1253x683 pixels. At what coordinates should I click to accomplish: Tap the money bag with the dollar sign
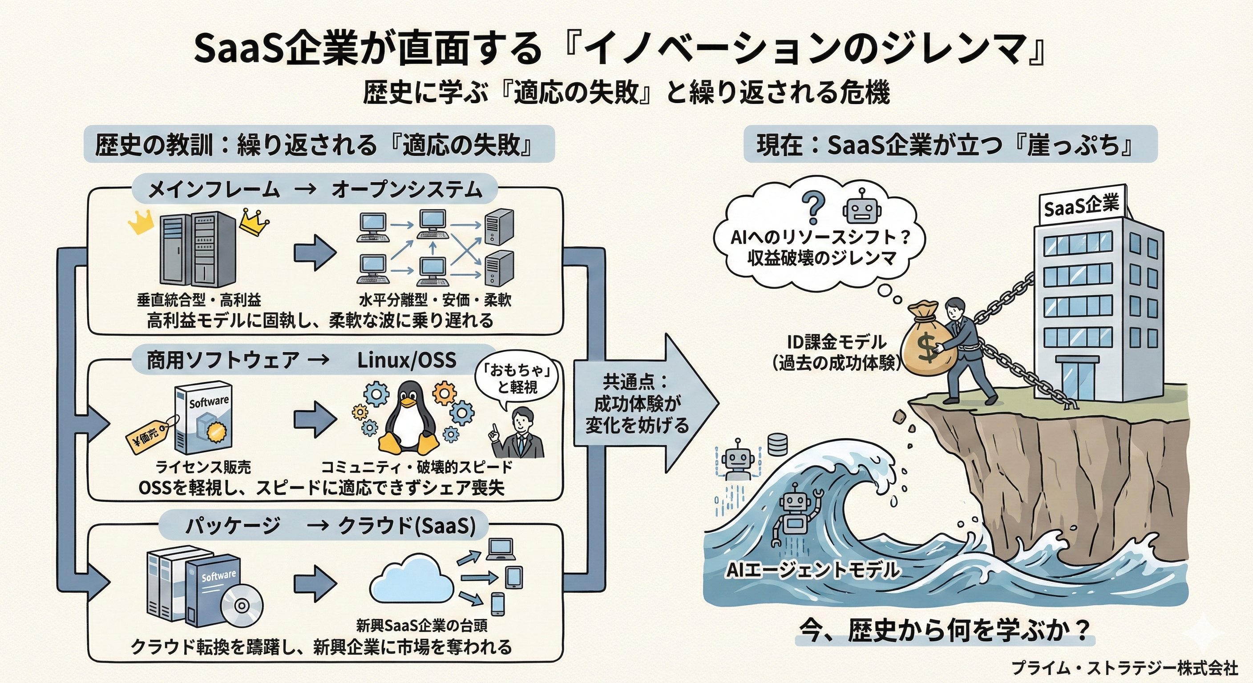click(x=928, y=343)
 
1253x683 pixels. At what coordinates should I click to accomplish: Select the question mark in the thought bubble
click(x=813, y=207)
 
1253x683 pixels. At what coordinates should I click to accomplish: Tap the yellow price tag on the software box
click(x=147, y=438)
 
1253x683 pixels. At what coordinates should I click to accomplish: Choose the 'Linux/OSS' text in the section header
click(x=407, y=360)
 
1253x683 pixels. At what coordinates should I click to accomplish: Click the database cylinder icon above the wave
click(x=777, y=444)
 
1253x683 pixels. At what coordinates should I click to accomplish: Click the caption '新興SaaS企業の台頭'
click(x=422, y=625)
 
